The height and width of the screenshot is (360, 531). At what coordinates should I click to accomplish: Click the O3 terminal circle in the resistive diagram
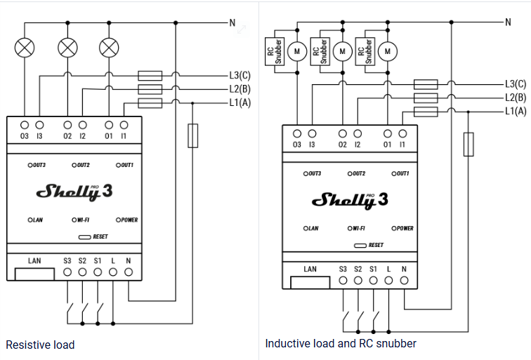(25, 125)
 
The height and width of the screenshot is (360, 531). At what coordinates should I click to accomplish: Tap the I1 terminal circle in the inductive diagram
(402, 133)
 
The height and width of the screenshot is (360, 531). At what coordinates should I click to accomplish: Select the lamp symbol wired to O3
(25, 48)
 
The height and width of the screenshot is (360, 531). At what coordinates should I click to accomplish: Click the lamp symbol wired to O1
(109, 48)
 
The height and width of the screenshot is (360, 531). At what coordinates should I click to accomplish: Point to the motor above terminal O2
(342, 51)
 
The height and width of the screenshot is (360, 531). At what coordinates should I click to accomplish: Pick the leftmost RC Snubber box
(275, 51)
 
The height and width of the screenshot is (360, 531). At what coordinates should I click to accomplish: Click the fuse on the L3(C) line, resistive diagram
(150, 76)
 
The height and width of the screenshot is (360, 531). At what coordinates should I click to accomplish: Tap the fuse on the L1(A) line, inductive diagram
(426, 112)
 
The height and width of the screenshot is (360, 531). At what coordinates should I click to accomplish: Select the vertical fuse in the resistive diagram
(192, 135)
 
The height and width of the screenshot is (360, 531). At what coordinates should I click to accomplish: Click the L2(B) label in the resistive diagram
(240, 89)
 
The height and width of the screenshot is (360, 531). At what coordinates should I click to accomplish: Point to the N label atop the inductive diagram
(508, 22)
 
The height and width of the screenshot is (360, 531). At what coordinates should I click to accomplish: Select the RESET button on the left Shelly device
(84, 237)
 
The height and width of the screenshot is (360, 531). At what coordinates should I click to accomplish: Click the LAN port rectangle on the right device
(310, 283)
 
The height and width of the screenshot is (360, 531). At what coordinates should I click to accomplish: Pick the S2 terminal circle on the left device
(82, 272)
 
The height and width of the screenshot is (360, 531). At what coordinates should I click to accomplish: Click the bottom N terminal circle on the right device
(404, 280)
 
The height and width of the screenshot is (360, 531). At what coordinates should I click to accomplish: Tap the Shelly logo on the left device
(74, 192)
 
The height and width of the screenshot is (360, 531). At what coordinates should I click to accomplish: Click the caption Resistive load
(40, 345)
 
